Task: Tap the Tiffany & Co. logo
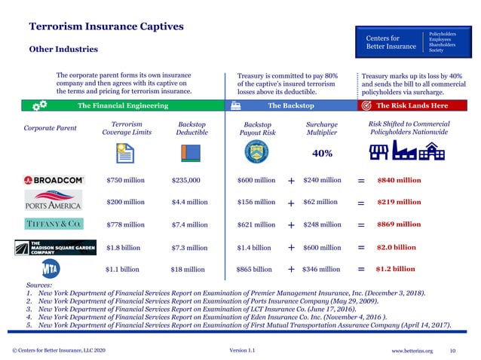coord(54,224)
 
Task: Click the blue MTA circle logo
coord(51,269)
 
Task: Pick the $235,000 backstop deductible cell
coord(186,181)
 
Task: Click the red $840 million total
coord(399,181)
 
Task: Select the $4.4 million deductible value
coord(189,202)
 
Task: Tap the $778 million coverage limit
coord(125,224)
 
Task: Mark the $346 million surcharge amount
coord(322,269)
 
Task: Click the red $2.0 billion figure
coord(396,247)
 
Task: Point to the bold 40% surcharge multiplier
coord(322,154)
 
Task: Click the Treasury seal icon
coord(256,151)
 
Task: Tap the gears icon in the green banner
coord(41,105)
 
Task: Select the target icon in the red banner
coord(367,105)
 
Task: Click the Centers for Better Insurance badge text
coord(391,41)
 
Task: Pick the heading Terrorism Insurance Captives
coord(106,26)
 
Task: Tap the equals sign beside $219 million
coord(361,203)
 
